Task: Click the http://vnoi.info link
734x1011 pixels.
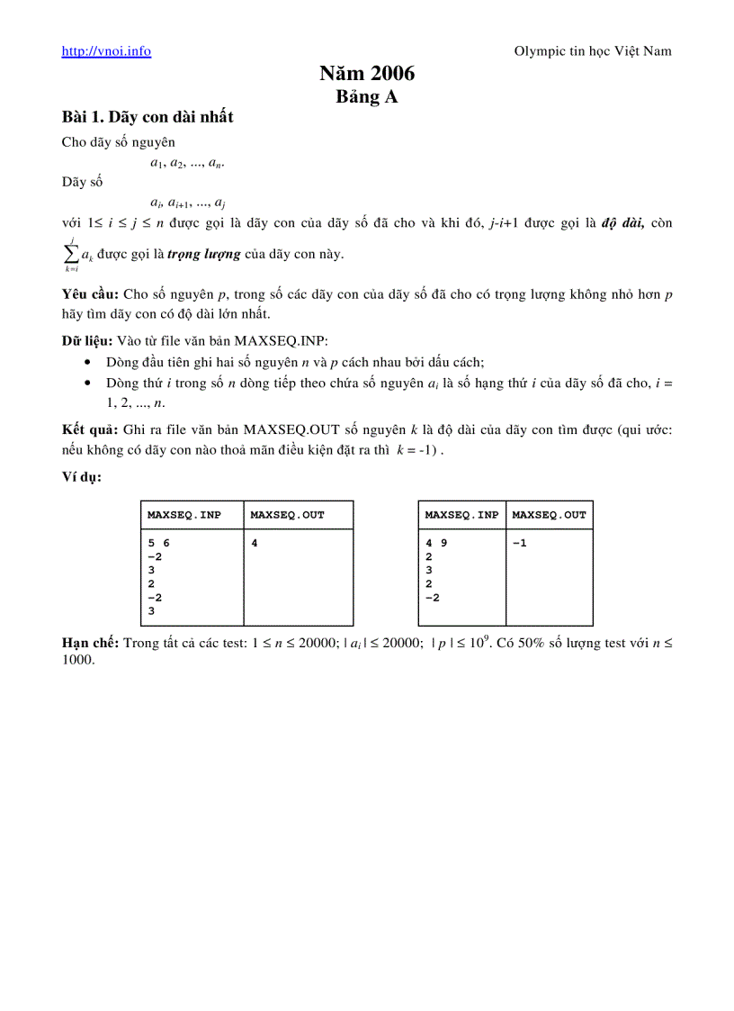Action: pyautogui.click(x=106, y=51)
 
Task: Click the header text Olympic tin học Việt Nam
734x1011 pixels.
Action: pyautogui.click(x=592, y=51)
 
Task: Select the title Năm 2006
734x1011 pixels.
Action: pyautogui.click(x=367, y=75)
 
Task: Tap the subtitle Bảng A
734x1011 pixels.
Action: pyautogui.click(x=367, y=97)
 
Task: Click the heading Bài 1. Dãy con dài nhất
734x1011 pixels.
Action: pyautogui.click(x=148, y=117)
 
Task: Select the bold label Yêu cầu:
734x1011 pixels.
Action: pyautogui.click(x=90, y=294)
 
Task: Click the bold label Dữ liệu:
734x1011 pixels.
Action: pyautogui.click(x=86, y=340)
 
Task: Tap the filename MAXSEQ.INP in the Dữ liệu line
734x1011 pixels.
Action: pyautogui.click(x=281, y=340)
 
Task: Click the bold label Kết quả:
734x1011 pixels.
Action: pyautogui.click(x=89, y=429)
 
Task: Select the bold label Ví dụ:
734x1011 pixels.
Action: pyautogui.click(x=81, y=476)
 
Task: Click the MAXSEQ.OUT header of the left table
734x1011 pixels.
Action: pyautogui.click(x=287, y=515)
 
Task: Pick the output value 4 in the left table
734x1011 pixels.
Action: pyautogui.click(x=255, y=544)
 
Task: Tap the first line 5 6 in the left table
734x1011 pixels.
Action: pyautogui.click(x=157, y=544)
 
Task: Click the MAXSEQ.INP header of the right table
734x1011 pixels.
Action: pyautogui.click(x=461, y=515)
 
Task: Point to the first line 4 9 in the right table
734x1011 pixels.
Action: pyautogui.click(x=435, y=544)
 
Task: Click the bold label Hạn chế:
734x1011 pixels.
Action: pyautogui.click(x=90, y=643)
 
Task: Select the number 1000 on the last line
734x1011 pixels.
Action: pyautogui.click(x=77, y=659)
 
